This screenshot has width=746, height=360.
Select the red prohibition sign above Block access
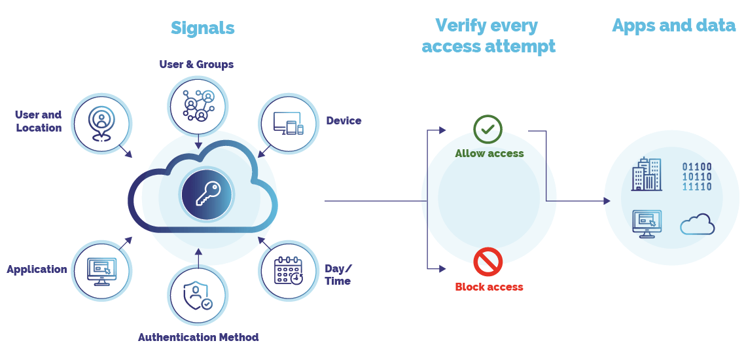[x=488, y=262]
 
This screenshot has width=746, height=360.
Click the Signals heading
[x=202, y=28]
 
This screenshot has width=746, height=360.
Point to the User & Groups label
[x=196, y=64]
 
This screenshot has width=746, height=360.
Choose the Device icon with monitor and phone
[x=289, y=122]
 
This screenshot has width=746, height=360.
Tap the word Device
[x=344, y=121]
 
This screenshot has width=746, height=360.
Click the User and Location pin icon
[x=101, y=122]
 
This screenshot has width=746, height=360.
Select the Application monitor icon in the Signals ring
[x=101, y=270]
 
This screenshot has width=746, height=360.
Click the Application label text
[x=37, y=270]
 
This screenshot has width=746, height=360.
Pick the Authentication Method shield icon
[x=197, y=296]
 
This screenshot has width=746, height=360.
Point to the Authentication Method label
[x=198, y=338]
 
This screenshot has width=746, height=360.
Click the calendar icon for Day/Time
[x=289, y=270]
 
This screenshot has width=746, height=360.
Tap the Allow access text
[x=489, y=154]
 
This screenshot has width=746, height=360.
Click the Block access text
[x=489, y=287]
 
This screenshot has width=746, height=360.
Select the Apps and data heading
[x=673, y=26]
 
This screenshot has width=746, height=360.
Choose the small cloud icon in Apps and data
[x=698, y=225]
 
